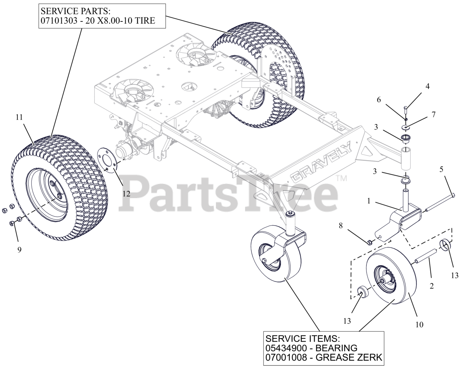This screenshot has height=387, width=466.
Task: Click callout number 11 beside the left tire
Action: coord(19,117)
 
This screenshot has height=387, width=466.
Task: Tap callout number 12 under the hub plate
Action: coord(126,194)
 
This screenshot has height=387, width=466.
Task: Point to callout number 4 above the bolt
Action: coord(427,86)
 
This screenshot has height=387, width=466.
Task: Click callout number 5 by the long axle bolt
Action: coord(442,169)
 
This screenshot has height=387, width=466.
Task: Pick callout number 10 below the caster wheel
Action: coord(419,324)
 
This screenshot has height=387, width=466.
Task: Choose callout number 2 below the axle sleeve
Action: coord(432,286)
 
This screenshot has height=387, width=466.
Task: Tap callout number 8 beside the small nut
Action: coord(341,225)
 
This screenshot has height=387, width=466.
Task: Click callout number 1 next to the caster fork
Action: coord(368,201)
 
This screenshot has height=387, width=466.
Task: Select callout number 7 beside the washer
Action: coord(433,114)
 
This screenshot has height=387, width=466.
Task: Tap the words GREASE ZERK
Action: coord(348,358)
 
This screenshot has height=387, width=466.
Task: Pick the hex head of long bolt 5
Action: coord(453,195)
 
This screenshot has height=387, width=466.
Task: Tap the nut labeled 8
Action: coord(368,241)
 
